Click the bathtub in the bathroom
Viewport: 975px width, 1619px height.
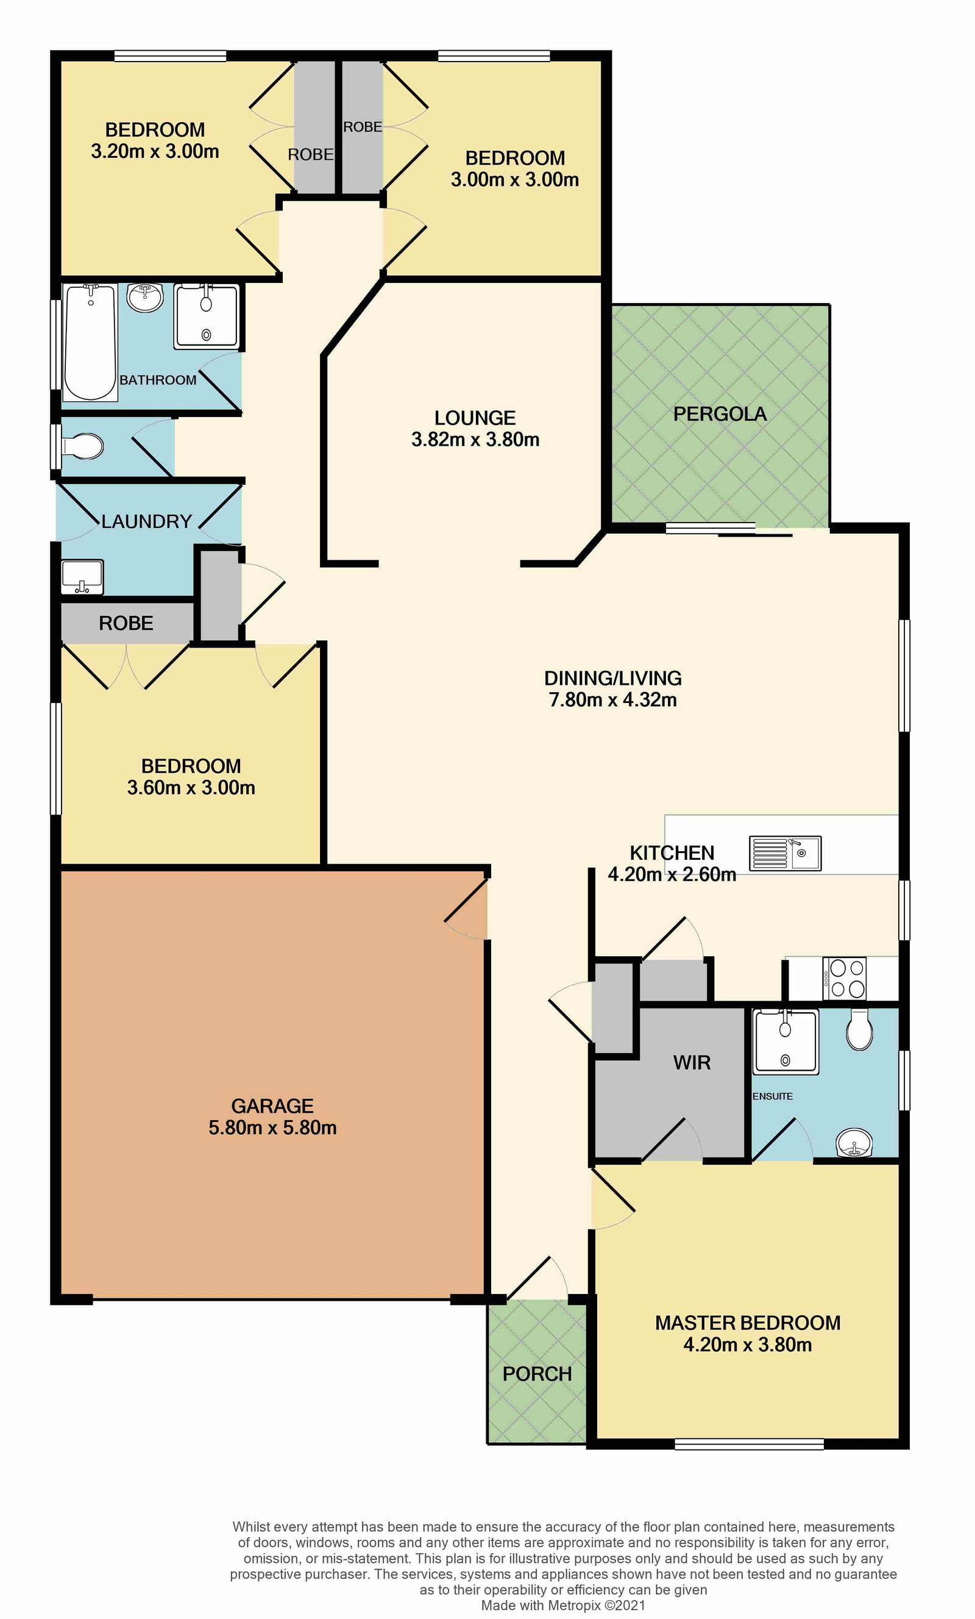pyautogui.click(x=90, y=342)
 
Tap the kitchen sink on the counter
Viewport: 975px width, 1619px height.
pyautogui.click(x=785, y=853)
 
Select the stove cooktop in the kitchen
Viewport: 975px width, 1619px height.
pyautogui.click(x=844, y=978)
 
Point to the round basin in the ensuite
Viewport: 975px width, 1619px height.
pyautogui.click(x=854, y=1143)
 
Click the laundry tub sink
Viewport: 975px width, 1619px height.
pyautogui.click(x=82, y=576)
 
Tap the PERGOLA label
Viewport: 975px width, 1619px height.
pyautogui.click(x=720, y=414)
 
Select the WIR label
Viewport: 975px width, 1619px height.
pyautogui.click(x=692, y=1062)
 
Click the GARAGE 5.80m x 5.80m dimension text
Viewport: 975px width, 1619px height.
pyautogui.click(x=272, y=1128)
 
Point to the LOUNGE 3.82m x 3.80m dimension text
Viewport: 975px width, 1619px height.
pyautogui.click(x=475, y=439)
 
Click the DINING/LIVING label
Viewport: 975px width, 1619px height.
pyautogui.click(x=612, y=677)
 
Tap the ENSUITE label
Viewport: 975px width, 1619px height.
pyautogui.click(x=773, y=1096)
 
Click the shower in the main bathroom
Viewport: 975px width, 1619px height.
pyautogui.click(x=207, y=316)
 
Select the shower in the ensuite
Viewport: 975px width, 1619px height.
pyautogui.click(x=786, y=1042)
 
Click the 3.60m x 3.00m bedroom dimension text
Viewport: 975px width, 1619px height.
pyautogui.click(x=191, y=787)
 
